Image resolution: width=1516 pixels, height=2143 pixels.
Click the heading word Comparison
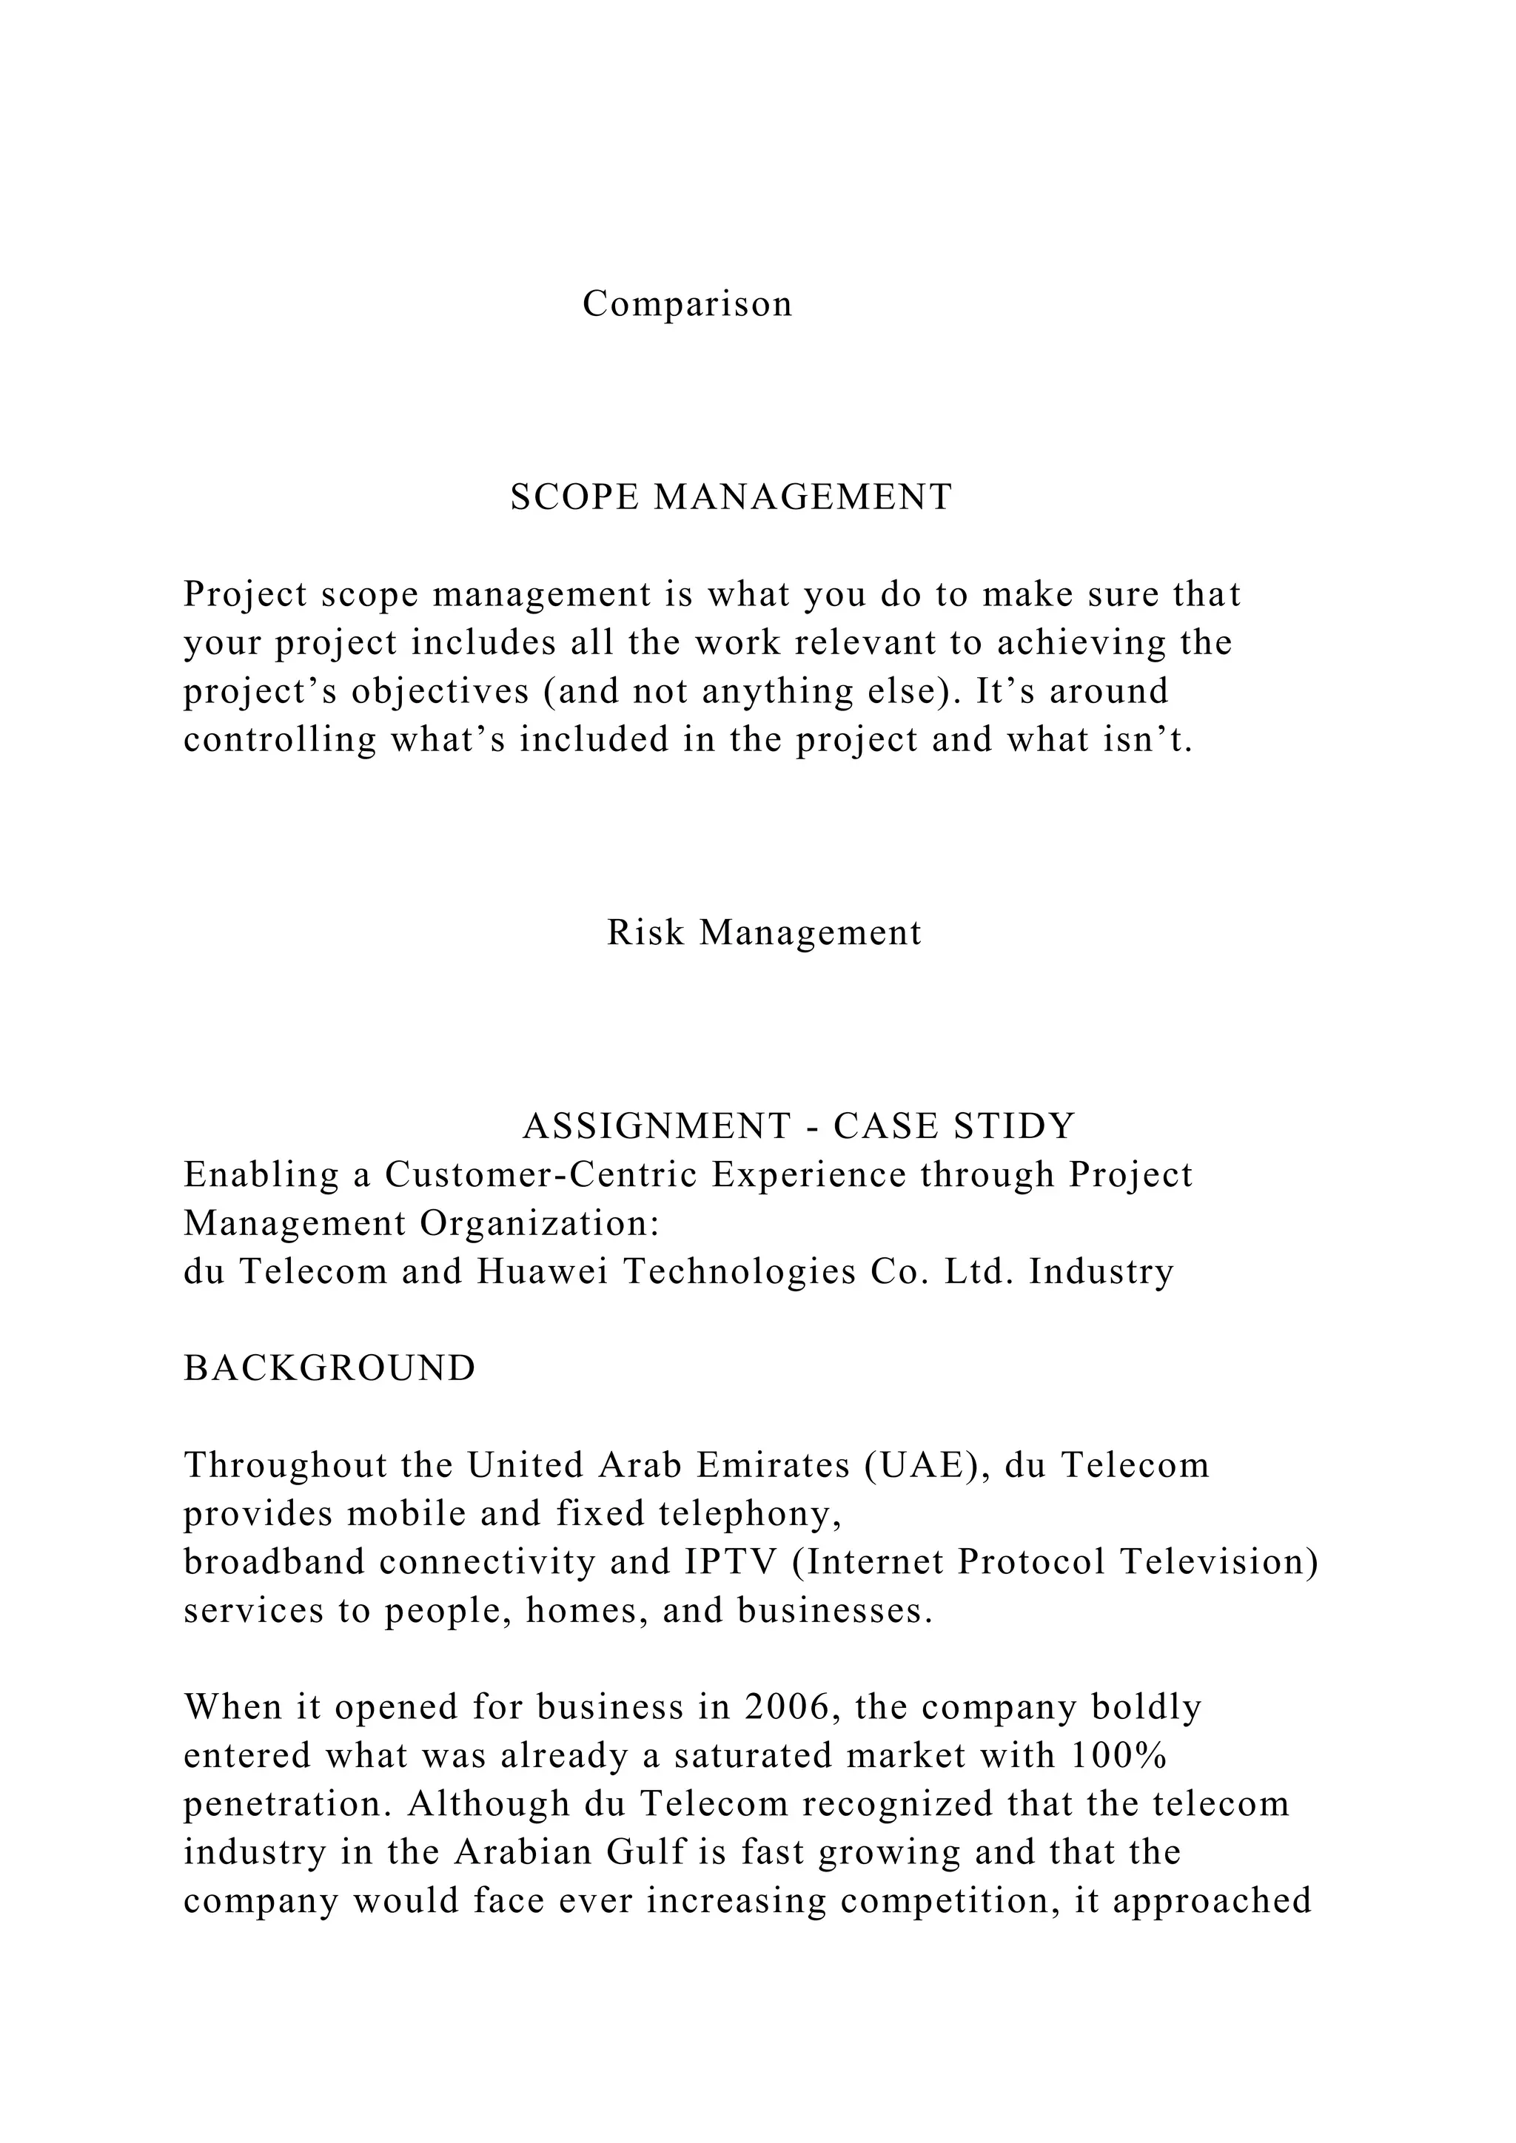tap(687, 304)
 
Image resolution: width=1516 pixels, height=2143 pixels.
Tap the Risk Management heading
tap(764, 932)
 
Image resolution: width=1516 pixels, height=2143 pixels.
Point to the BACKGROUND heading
tap(329, 1368)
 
